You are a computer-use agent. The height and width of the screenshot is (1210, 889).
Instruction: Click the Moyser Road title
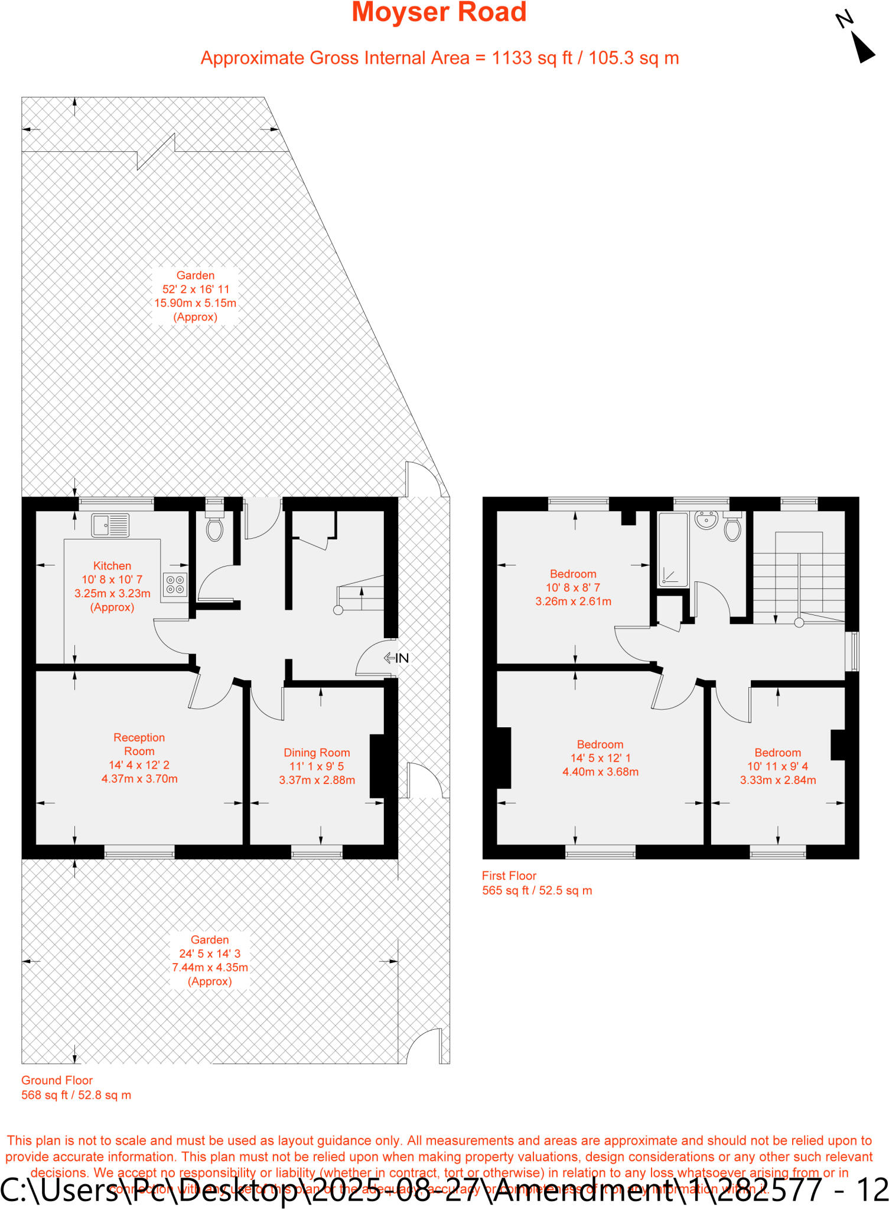[x=439, y=12]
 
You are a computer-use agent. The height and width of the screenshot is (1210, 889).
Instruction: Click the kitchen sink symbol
[x=110, y=525]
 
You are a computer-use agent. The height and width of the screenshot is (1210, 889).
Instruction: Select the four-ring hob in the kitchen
[x=175, y=585]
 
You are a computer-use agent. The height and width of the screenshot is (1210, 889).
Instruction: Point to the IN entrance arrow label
[x=396, y=658]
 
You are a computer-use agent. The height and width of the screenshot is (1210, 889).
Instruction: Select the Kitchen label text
[x=112, y=566]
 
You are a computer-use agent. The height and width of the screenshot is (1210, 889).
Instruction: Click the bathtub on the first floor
[x=673, y=550]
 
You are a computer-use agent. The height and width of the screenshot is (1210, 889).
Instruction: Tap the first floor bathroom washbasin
[x=706, y=521]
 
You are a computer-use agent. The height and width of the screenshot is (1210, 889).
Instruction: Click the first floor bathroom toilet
[x=732, y=527]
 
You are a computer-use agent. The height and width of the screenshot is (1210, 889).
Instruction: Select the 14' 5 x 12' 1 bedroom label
[x=600, y=758]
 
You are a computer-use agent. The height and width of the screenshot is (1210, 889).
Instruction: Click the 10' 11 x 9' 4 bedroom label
[x=778, y=766]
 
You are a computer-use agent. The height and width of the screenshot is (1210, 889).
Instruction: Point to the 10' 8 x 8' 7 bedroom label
[x=573, y=587]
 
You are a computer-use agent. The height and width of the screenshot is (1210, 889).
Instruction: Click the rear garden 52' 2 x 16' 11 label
[x=196, y=295]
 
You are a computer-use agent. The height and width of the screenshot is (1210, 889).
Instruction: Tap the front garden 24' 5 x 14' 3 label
[x=210, y=960]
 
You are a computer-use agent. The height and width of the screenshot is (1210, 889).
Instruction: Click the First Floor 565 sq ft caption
[x=536, y=883]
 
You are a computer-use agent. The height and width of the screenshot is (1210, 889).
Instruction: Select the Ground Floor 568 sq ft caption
[x=76, y=1088]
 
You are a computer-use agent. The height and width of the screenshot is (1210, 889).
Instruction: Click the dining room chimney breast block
[x=377, y=766]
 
